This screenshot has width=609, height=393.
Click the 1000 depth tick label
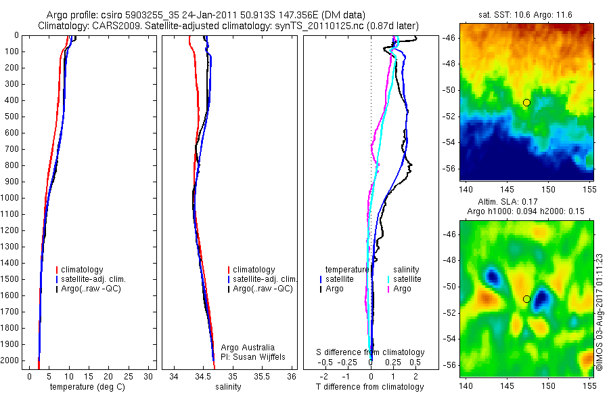pyautogui.click(x=11, y=198)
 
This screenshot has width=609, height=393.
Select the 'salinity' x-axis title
pyautogui.click(x=229, y=386)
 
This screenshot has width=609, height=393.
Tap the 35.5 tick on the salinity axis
pyautogui.click(x=262, y=376)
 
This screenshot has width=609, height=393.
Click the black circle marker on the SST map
pyautogui.click(x=526, y=102)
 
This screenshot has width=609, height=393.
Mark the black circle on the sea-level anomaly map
pyautogui.click(x=526, y=299)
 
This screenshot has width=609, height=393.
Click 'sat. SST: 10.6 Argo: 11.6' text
pyautogui.click(x=526, y=14)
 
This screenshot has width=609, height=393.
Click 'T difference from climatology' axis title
pyautogui.click(x=370, y=387)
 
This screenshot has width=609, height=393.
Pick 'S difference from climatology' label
pyautogui.click(x=370, y=352)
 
